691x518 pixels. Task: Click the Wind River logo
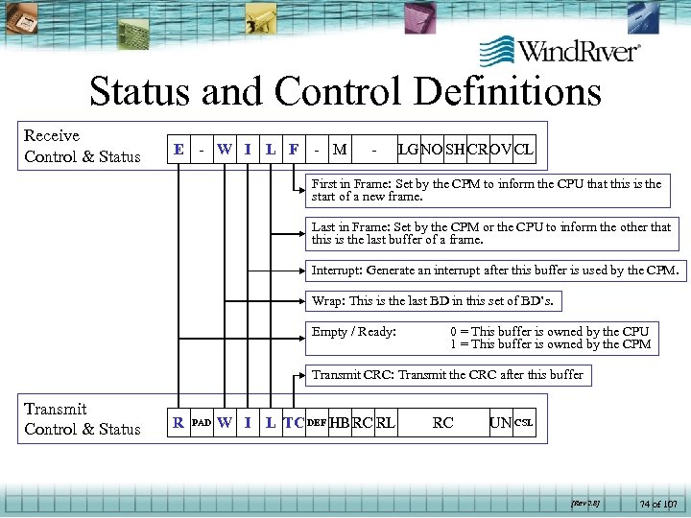pos(559,51)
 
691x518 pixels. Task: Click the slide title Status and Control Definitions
pos(345,92)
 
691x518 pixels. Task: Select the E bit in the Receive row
pos(179,150)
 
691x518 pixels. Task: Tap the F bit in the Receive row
pos(293,150)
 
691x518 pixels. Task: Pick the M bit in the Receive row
pos(339,150)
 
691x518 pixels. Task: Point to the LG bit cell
pos(408,150)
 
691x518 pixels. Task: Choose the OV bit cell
pos(501,150)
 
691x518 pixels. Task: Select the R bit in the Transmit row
pos(179,422)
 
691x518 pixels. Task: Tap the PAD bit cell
pos(202,422)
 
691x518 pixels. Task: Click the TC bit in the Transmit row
pos(293,422)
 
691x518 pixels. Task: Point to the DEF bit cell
pos(317,422)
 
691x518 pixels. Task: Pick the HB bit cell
pos(339,422)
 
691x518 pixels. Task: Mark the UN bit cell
pos(501,422)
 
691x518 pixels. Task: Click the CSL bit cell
pos(524,422)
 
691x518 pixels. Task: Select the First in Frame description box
pos(487,190)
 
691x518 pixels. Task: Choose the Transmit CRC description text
pos(448,374)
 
